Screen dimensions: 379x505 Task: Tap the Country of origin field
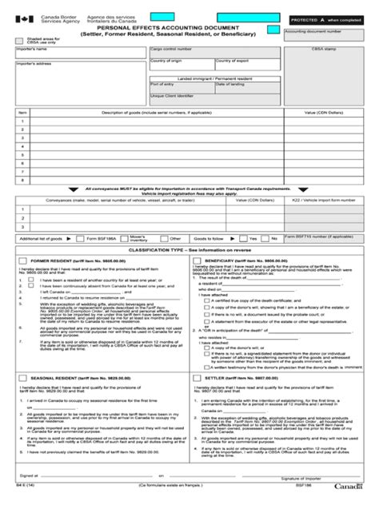tap(169, 63)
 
